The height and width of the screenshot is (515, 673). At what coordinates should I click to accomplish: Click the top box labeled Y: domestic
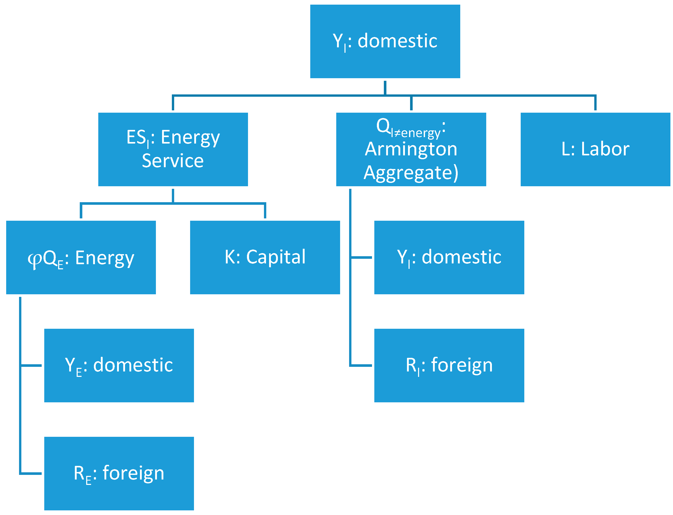[385, 41]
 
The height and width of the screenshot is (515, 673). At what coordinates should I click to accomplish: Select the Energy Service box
[173, 149]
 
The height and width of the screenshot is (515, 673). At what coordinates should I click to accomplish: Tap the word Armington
[411, 149]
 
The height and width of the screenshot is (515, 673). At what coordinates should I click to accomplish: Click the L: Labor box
[595, 149]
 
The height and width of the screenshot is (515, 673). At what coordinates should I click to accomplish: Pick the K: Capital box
[265, 257]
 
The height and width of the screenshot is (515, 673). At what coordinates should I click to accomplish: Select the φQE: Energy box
[81, 257]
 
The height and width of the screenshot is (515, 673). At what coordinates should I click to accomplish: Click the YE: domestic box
[119, 365]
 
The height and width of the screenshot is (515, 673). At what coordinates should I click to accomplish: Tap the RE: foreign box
[119, 473]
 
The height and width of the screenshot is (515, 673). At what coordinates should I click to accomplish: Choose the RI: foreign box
[449, 365]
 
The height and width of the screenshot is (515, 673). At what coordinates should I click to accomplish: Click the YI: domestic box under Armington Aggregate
[449, 257]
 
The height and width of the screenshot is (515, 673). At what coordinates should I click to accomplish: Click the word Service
[173, 161]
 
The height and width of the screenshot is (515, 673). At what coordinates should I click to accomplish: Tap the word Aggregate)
[411, 173]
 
